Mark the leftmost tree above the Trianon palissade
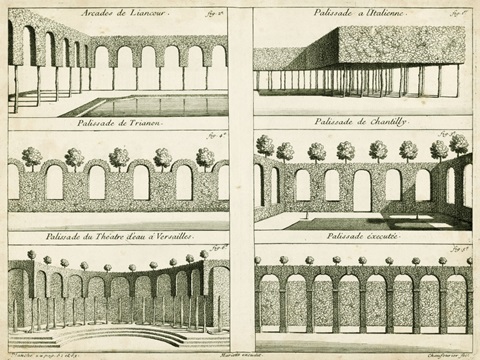tap(31, 156)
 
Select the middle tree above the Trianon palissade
tap(119, 156)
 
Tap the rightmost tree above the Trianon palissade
tap(205, 156)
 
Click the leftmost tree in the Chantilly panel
tap(265, 145)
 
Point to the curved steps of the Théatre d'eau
tap(104, 334)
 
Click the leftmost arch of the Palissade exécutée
tap(271, 302)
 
